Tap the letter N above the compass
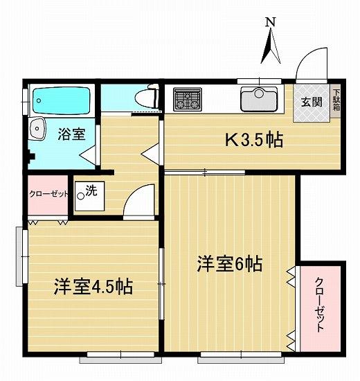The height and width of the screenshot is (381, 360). [271, 22]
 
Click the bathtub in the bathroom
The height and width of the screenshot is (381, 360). [62, 100]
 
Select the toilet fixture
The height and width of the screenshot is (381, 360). [147, 97]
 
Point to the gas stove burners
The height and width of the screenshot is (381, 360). [188, 99]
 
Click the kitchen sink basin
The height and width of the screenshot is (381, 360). [259, 99]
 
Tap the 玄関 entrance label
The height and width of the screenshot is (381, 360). [312, 102]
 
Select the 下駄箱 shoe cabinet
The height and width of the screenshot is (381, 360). [336, 100]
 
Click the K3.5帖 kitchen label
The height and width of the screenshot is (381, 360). [254, 140]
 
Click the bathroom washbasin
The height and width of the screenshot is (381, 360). [37, 129]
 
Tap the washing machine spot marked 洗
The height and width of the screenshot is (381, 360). [89, 196]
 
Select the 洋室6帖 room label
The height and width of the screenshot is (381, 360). [230, 264]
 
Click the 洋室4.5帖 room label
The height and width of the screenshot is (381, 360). [93, 287]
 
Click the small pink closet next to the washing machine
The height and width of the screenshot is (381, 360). [48, 195]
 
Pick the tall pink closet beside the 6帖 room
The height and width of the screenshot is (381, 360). [320, 308]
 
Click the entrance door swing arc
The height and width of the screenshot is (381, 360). [307, 56]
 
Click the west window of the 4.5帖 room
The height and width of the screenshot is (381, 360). [22, 256]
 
